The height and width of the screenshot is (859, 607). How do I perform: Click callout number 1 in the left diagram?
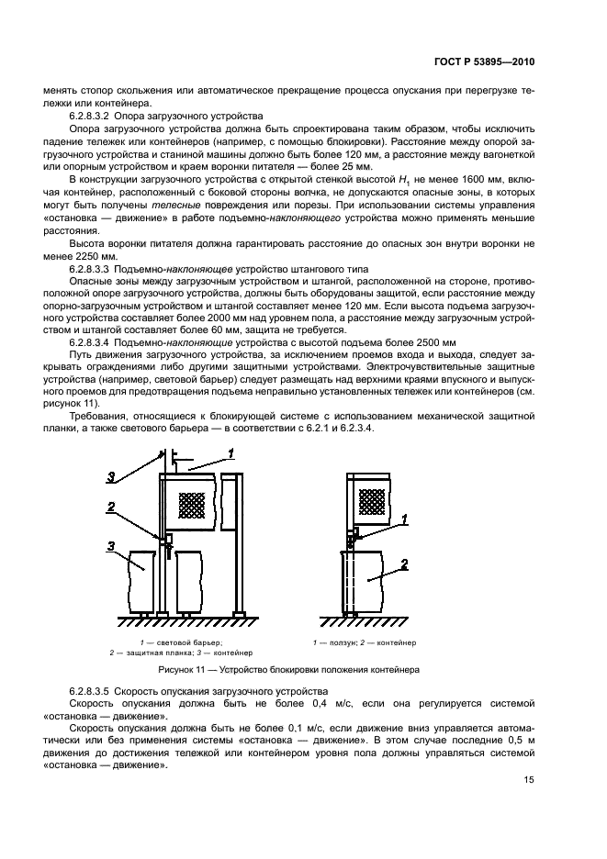click(232, 452)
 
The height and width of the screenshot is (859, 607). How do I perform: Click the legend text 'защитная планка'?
click(147, 653)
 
